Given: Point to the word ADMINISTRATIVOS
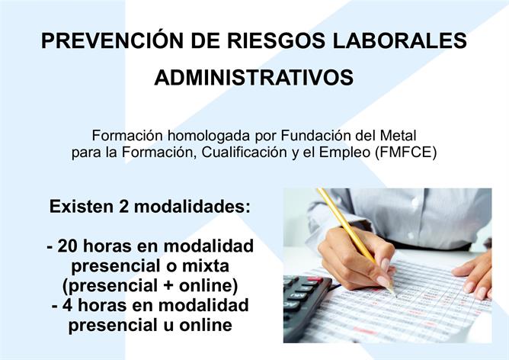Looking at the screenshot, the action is click(254, 77).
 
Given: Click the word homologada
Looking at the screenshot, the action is click(210, 136).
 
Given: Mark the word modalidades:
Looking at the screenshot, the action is click(193, 207).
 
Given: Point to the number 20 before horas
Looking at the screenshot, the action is click(68, 246).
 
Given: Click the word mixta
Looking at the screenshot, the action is click(206, 265).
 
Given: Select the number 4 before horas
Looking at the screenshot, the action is click(67, 305).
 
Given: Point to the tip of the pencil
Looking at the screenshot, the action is click(395, 296).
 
